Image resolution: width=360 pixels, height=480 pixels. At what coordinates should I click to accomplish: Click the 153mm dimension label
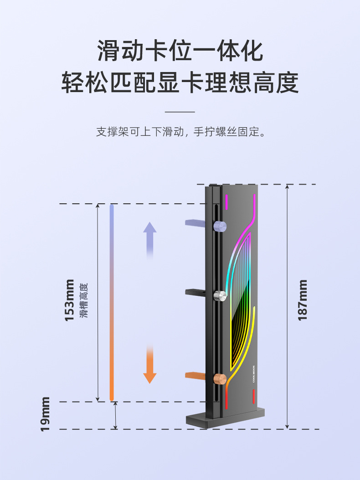(x=69, y=300)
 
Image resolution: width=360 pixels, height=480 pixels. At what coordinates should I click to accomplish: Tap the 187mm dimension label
(x=303, y=300)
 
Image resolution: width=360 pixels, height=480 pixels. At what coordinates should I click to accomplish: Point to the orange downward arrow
(x=150, y=365)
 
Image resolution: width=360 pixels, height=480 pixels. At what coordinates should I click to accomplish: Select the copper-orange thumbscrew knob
(x=220, y=378)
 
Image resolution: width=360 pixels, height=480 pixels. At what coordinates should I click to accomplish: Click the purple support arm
(x=196, y=222)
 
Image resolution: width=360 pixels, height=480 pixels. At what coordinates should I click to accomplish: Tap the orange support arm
(x=196, y=375)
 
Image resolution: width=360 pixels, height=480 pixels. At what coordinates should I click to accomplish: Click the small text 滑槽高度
(x=83, y=300)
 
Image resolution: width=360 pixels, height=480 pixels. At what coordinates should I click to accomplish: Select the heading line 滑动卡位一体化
(x=180, y=51)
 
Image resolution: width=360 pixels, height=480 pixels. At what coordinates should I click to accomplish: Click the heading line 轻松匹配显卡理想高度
(x=180, y=83)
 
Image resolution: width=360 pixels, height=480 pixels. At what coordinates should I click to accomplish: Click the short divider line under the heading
(x=180, y=112)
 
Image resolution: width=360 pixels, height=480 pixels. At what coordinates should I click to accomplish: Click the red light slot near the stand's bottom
(x=253, y=397)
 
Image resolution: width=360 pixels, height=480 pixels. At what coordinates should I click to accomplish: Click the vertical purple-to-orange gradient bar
(x=112, y=303)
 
